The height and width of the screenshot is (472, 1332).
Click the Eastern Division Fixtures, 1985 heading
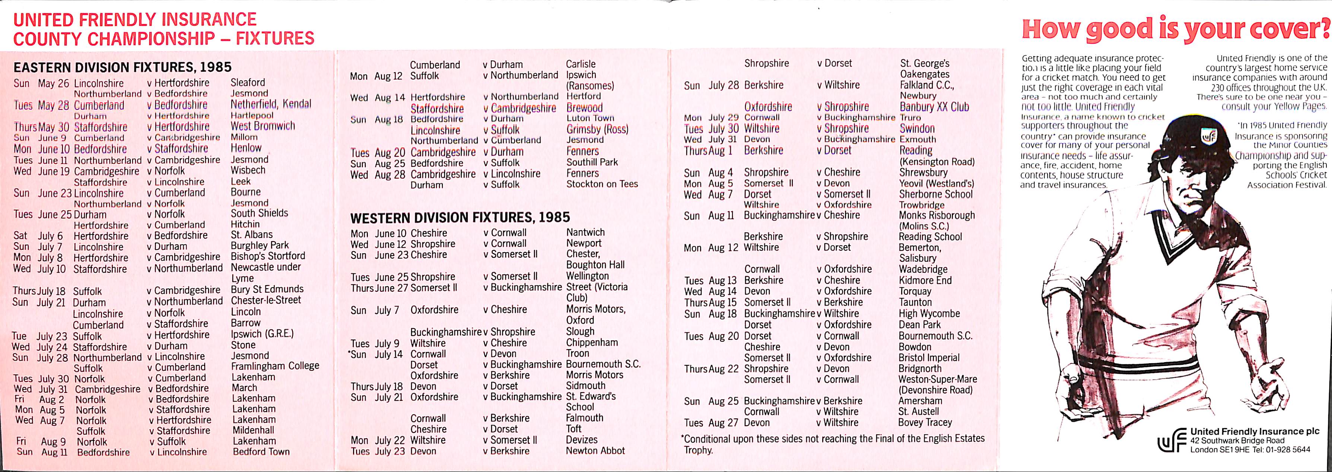coord(122,67)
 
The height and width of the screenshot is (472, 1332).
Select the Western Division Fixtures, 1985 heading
coord(460,217)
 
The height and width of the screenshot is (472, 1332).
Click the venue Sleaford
coord(248,82)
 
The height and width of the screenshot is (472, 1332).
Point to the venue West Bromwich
coord(263,126)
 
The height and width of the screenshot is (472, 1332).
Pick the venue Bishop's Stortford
coord(268,256)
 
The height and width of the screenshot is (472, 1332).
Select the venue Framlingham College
coord(275,366)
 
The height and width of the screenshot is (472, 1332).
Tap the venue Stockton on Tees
coord(602,184)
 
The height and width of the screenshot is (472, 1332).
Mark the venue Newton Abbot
coord(595,451)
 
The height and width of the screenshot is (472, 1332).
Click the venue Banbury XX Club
coord(934,107)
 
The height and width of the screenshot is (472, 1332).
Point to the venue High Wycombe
coord(929,314)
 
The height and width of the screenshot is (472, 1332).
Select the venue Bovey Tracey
coord(925,422)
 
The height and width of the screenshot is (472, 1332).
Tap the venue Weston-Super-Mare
coord(938,379)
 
